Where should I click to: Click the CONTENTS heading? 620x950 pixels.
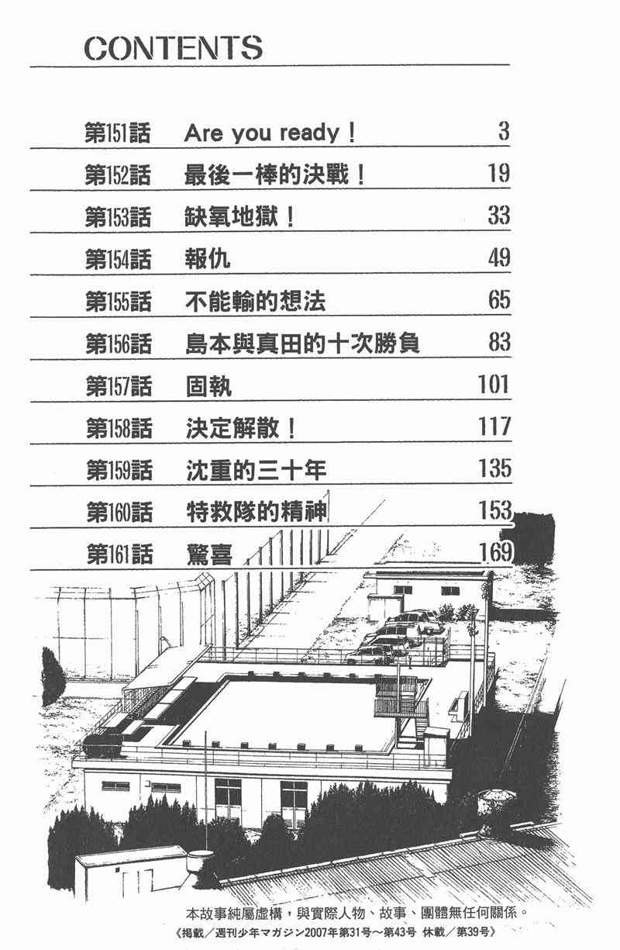coord(173,48)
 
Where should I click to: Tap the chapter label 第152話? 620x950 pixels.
coord(117,174)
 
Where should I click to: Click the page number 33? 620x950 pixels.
coord(498,215)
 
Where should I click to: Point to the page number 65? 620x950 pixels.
coord(498,299)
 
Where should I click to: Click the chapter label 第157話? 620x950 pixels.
coord(118,385)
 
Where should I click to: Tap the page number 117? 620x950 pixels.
coord(494,426)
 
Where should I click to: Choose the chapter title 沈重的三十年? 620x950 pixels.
coord(257,469)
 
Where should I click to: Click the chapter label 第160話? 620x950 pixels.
coord(118,512)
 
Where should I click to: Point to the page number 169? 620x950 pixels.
coord(495,552)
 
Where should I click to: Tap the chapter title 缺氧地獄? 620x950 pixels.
coord(240,216)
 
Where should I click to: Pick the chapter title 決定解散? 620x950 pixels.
coord(240,427)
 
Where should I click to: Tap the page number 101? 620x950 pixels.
coord(493,383)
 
